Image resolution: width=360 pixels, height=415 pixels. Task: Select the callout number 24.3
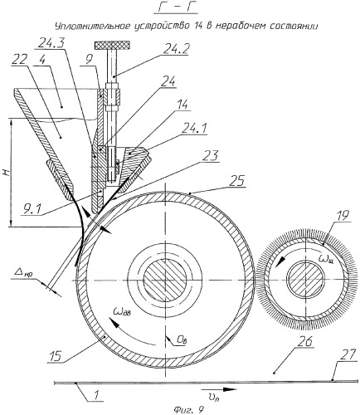(51, 42)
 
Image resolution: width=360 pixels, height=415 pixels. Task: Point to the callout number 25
(237, 182)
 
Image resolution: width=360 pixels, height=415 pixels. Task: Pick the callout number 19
(343, 215)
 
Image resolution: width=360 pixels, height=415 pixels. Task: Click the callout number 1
(95, 395)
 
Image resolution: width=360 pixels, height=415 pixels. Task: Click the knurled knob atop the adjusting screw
(112, 45)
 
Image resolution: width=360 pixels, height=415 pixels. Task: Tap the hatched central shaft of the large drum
(165, 281)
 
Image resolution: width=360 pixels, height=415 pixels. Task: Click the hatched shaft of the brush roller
(305, 280)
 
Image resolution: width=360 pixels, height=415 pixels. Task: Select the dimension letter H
(7, 173)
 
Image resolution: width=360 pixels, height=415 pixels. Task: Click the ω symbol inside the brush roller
(325, 260)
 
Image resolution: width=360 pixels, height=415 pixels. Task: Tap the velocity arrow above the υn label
(219, 389)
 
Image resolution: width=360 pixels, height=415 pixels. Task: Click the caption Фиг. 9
(185, 410)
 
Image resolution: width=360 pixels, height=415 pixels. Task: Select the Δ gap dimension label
(25, 273)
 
